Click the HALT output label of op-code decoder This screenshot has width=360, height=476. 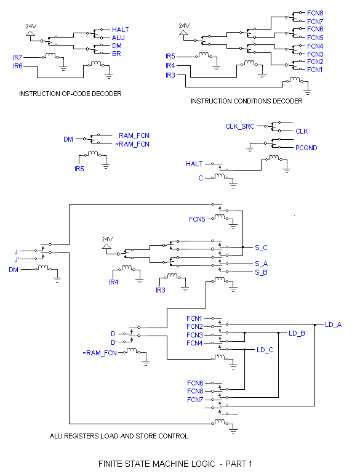click(121, 30)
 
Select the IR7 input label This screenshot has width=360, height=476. click(18, 57)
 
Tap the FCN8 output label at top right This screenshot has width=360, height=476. click(315, 13)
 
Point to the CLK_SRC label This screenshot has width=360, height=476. click(240, 126)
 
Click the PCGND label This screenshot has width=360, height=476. click(306, 148)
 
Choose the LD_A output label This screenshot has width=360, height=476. click(334, 325)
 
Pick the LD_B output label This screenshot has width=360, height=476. click(297, 333)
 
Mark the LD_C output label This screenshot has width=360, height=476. click(265, 350)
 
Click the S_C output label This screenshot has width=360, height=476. click(261, 248)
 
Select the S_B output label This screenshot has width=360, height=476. click(261, 272)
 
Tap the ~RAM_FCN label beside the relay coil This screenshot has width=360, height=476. click(100, 353)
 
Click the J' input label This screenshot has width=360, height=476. click(17, 260)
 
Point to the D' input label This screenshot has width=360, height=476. click(114, 342)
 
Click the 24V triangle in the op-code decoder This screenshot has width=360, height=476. click(30, 33)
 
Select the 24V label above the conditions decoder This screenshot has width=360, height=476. click(184, 26)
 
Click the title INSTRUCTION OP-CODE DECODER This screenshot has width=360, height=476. click(70, 94)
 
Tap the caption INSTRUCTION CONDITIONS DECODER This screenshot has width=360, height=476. click(247, 101)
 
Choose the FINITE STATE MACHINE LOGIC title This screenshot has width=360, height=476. click(175, 464)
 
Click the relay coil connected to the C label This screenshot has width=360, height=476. click(220, 176)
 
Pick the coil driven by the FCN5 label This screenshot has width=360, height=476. click(220, 217)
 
